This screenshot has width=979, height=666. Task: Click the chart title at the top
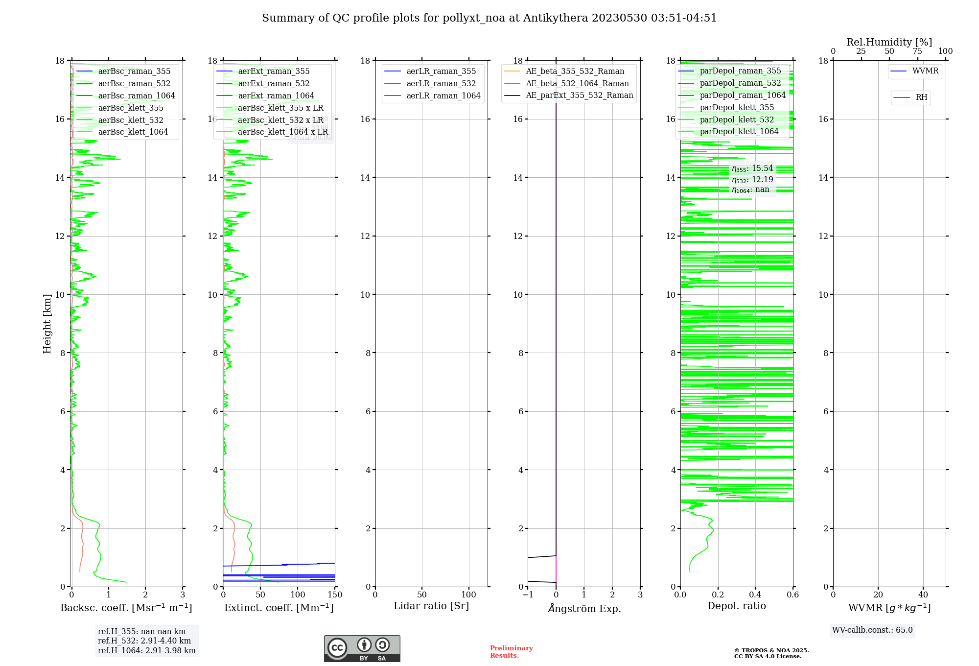pyautogui.click(x=489, y=18)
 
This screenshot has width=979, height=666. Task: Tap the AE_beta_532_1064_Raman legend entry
pyautogui.click(x=577, y=84)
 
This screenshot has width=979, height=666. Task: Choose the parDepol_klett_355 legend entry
pyautogui.click(x=737, y=108)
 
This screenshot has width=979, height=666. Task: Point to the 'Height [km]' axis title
pyautogui.click(x=47, y=324)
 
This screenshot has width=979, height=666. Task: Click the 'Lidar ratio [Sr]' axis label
pyautogui.click(x=431, y=606)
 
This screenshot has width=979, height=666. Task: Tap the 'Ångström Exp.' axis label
pyautogui.click(x=584, y=609)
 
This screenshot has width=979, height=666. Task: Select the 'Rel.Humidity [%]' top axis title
pyautogui.click(x=889, y=42)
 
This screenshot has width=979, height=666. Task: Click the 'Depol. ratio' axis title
pyautogui.click(x=736, y=606)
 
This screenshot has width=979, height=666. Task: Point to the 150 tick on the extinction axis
pyautogui.click(x=335, y=595)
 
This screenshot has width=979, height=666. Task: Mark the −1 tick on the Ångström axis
pyautogui.click(x=528, y=595)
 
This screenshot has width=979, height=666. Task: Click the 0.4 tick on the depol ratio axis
pyautogui.click(x=755, y=595)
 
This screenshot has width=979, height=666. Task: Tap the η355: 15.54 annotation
pyautogui.click(x=752, y=169)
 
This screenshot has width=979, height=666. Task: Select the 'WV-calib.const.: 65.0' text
pyautogui.click(x=872, y=630)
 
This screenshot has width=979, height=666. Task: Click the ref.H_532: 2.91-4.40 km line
pyautogui.click(x=144, y=641)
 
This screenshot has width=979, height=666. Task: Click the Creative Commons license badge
pyautogui.click(x=362, y=649)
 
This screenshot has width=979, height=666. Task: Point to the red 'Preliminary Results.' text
pyautogui.click(x=511, y=652)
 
